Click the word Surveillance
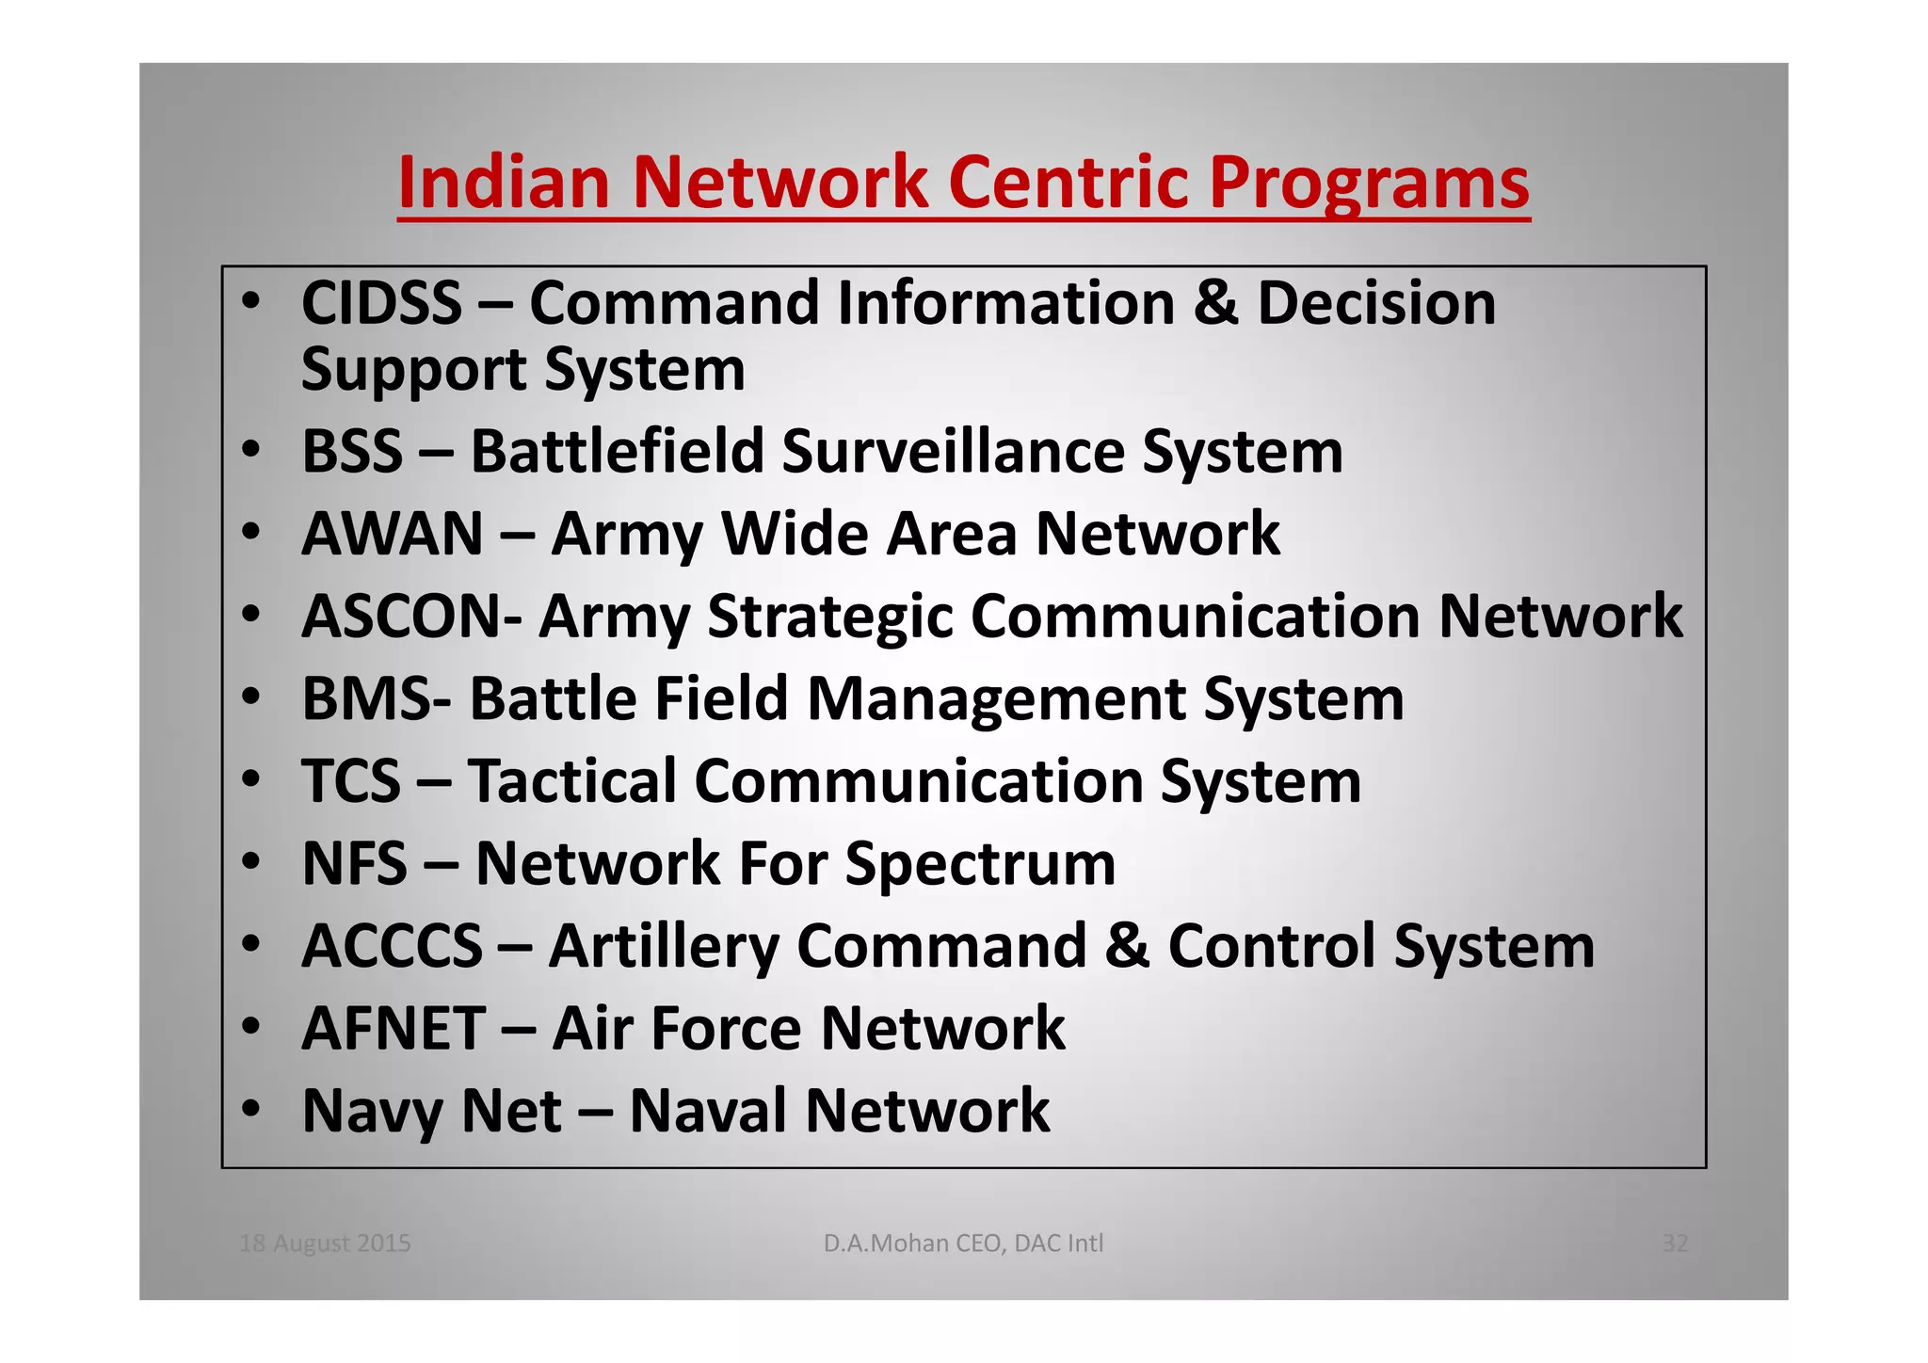[953, 451]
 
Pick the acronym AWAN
[392, 534]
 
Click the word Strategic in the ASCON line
[828, 617]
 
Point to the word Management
[996, 700]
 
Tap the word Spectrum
[980, 865]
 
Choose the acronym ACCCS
[392, 946]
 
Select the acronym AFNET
[394, 1028]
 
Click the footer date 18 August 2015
[325, 1243]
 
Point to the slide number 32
[1676, 1243]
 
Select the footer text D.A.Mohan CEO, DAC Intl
[963, 1243]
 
